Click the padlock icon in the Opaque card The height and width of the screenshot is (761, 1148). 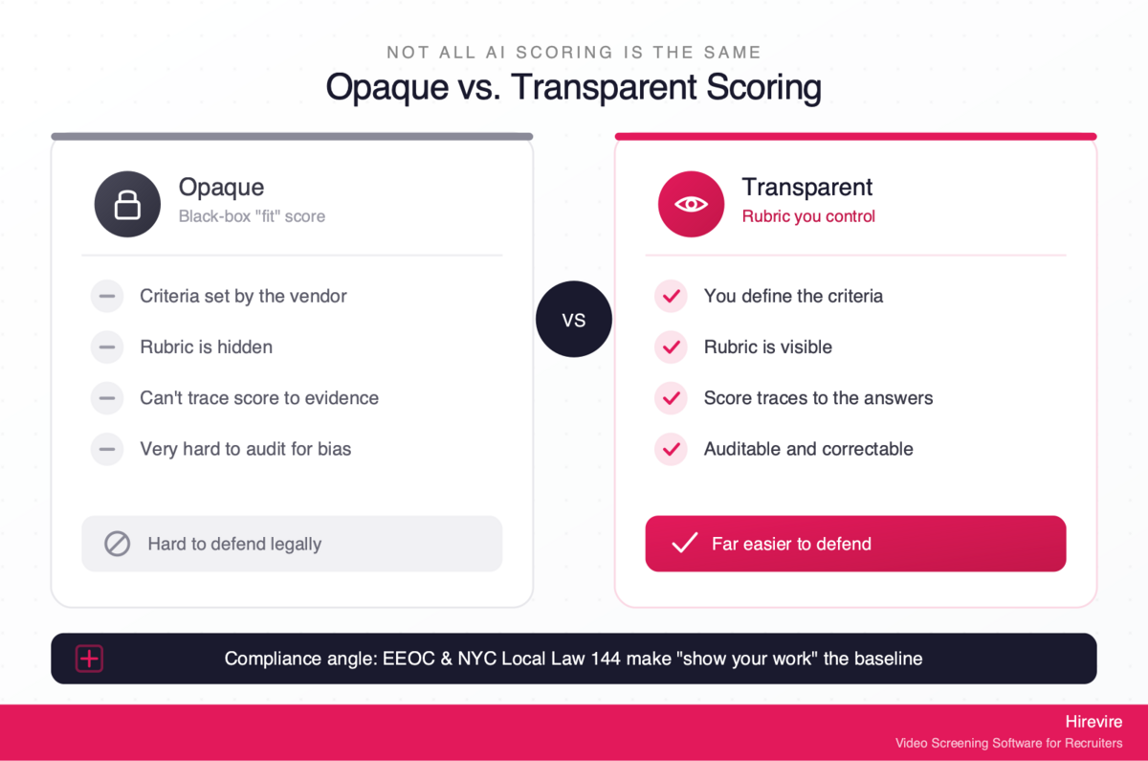coord(127,205)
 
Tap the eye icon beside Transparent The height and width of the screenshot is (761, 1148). coord(691,204)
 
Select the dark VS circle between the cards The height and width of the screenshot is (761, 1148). coord(573,319)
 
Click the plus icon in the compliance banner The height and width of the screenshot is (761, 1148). coord(89,659)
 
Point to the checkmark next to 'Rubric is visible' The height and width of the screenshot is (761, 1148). coord(671,347)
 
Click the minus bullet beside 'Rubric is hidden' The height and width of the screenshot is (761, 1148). coord(107,347)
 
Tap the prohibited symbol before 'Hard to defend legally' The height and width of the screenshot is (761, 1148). coord(118,544)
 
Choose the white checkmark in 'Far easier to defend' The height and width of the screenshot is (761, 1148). coord(685,543)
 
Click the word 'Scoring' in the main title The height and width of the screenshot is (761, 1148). coord(763,87)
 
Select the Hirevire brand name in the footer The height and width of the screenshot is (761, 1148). coord(1093,722)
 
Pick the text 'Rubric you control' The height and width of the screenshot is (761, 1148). coord(808,216)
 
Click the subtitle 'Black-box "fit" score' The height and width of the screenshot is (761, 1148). coord(252,216)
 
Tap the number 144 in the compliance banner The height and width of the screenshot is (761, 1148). coord(606,659)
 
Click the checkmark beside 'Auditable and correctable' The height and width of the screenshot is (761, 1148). coord(671,449)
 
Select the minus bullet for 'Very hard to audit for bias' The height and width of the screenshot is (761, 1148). coord(107,449)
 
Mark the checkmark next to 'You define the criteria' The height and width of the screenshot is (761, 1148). coord(671,296)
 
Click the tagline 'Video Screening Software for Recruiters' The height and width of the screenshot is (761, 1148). coord(1008,743)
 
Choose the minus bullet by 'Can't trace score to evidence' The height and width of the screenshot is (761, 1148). coord(107,398)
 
